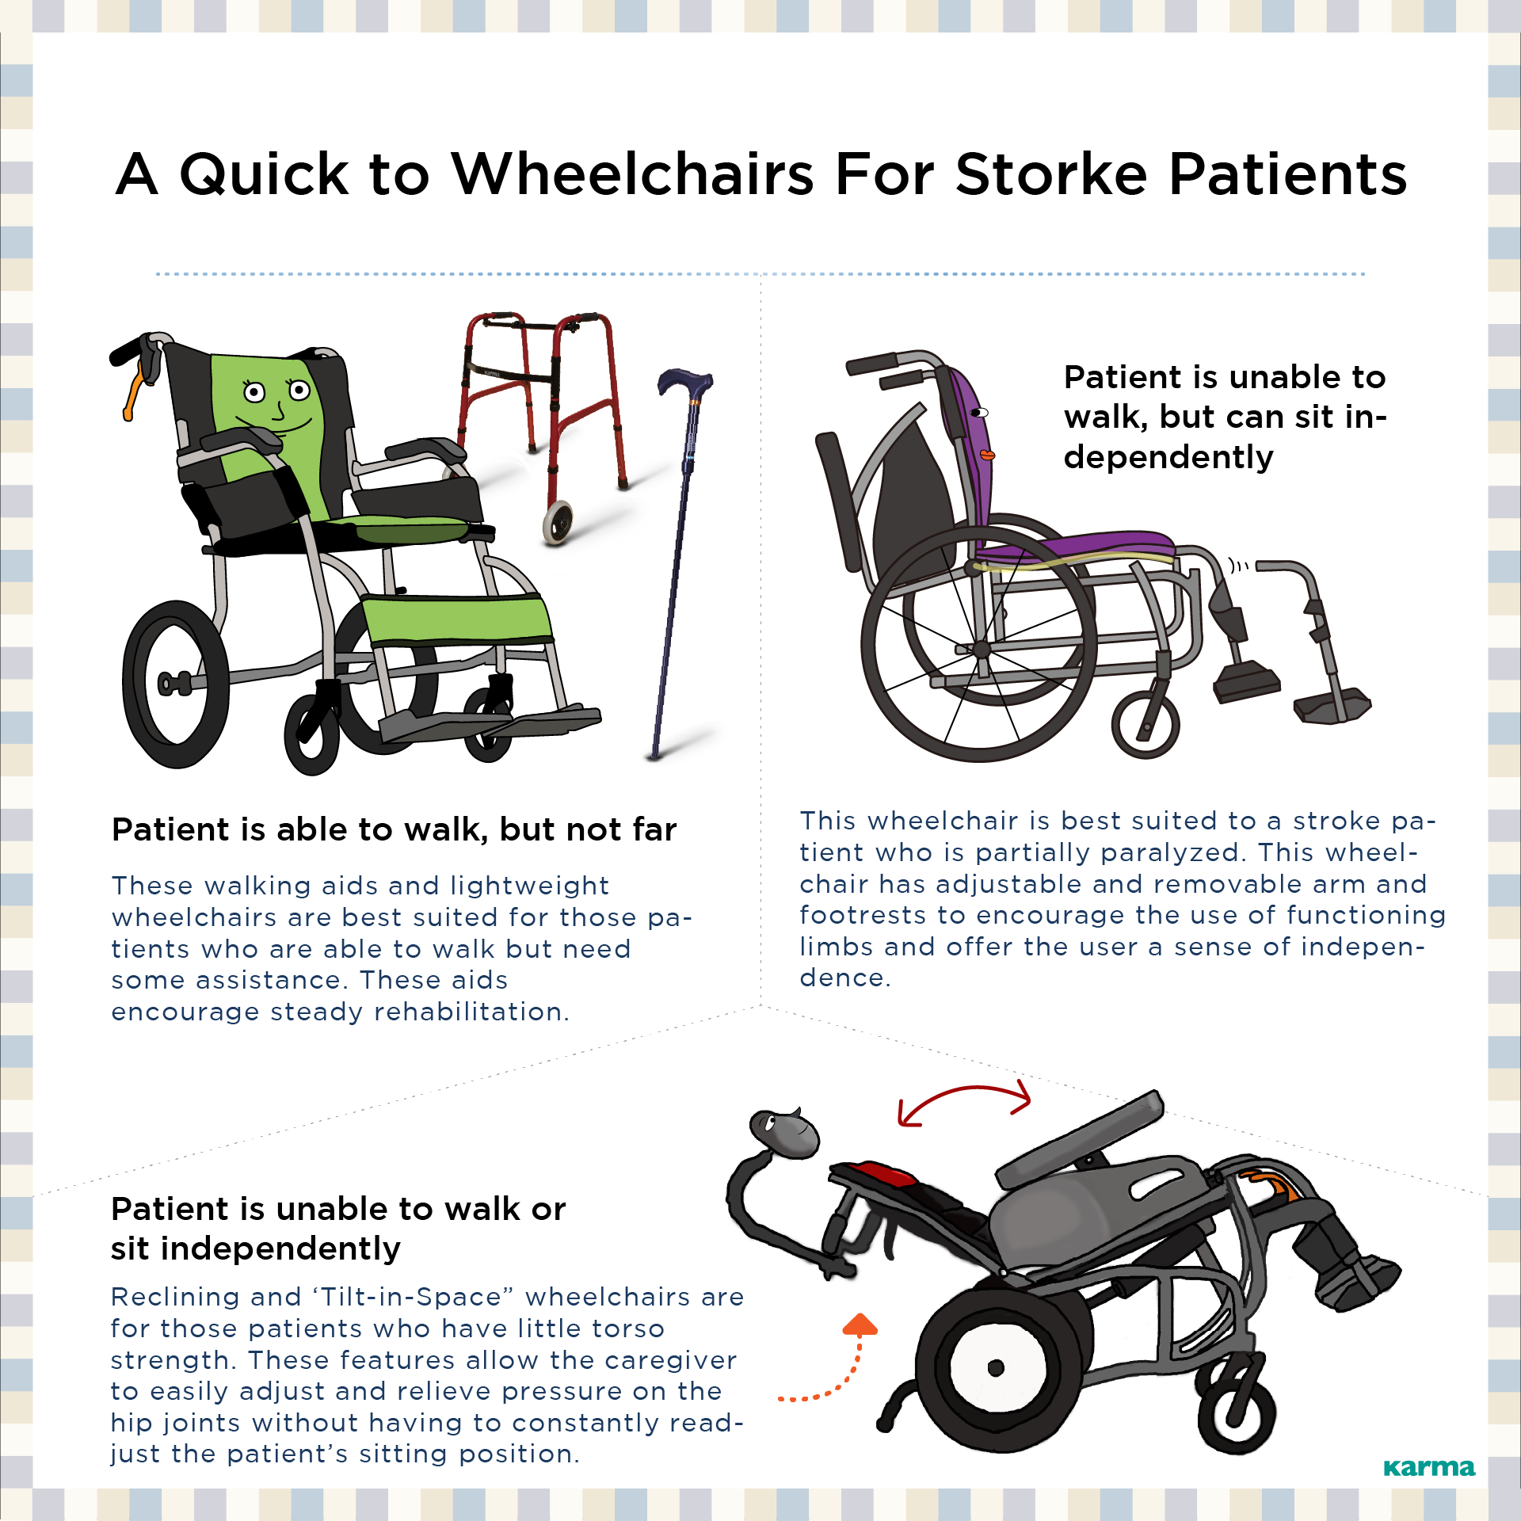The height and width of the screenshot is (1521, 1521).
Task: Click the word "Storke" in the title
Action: pyautogui.click(x=1051, y=173)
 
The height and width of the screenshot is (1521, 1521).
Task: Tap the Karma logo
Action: pyautogui.click(x=1429, y=1468)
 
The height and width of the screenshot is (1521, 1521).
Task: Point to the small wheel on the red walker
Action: pyautogui.click(x=558, y=522)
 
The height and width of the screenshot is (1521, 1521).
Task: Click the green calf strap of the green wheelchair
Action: pyautogui.click(x=456, y=619)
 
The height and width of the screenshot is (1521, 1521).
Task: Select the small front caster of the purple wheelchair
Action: pyautogui.click(x=1146, y=725)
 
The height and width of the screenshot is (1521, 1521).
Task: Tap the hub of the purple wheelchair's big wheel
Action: pyautogui.click(x=982, y=649)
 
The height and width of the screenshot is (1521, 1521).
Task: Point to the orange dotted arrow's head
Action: pyautogui.click(x=860, y=1325)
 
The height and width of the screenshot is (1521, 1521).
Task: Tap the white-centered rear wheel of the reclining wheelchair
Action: pyautogui.click(x=997, y=1367)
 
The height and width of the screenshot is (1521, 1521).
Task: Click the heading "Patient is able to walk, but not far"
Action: pyautogui.click(x=395, y=829)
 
